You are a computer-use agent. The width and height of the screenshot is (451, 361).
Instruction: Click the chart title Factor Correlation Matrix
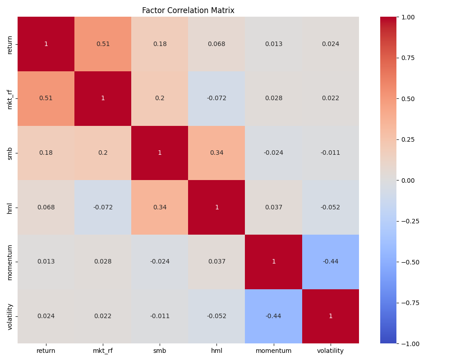188,10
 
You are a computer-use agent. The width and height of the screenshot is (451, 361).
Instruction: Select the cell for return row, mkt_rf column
103,44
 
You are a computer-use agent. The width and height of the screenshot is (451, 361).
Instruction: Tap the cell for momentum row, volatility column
331,262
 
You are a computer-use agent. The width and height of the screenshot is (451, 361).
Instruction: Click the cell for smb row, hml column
216,153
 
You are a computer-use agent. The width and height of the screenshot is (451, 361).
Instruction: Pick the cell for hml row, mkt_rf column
103,208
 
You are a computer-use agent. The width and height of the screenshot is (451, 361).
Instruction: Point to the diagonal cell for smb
160,153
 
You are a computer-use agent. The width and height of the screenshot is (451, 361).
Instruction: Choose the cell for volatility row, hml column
216,316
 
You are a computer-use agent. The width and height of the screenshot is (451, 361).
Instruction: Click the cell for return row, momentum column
274,44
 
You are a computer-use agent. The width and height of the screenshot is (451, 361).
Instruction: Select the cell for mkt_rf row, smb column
160,98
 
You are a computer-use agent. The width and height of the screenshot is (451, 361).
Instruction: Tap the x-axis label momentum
274,351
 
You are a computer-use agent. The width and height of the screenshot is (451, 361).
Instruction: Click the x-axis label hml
216,351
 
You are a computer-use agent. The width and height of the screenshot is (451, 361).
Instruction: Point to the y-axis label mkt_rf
10,98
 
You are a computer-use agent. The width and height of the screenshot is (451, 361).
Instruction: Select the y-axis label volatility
10,316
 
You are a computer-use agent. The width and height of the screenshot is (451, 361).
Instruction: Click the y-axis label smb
10,153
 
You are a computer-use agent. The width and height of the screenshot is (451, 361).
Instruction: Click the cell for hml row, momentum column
274,208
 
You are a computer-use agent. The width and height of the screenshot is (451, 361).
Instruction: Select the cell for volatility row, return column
46,316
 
